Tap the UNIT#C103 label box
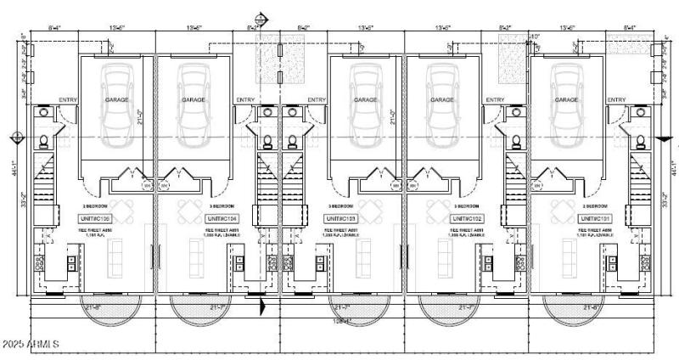tap(342, 219)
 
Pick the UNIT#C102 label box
tap(468, 219)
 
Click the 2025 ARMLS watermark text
tap(31, 344)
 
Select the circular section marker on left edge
tap(18, 137)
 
